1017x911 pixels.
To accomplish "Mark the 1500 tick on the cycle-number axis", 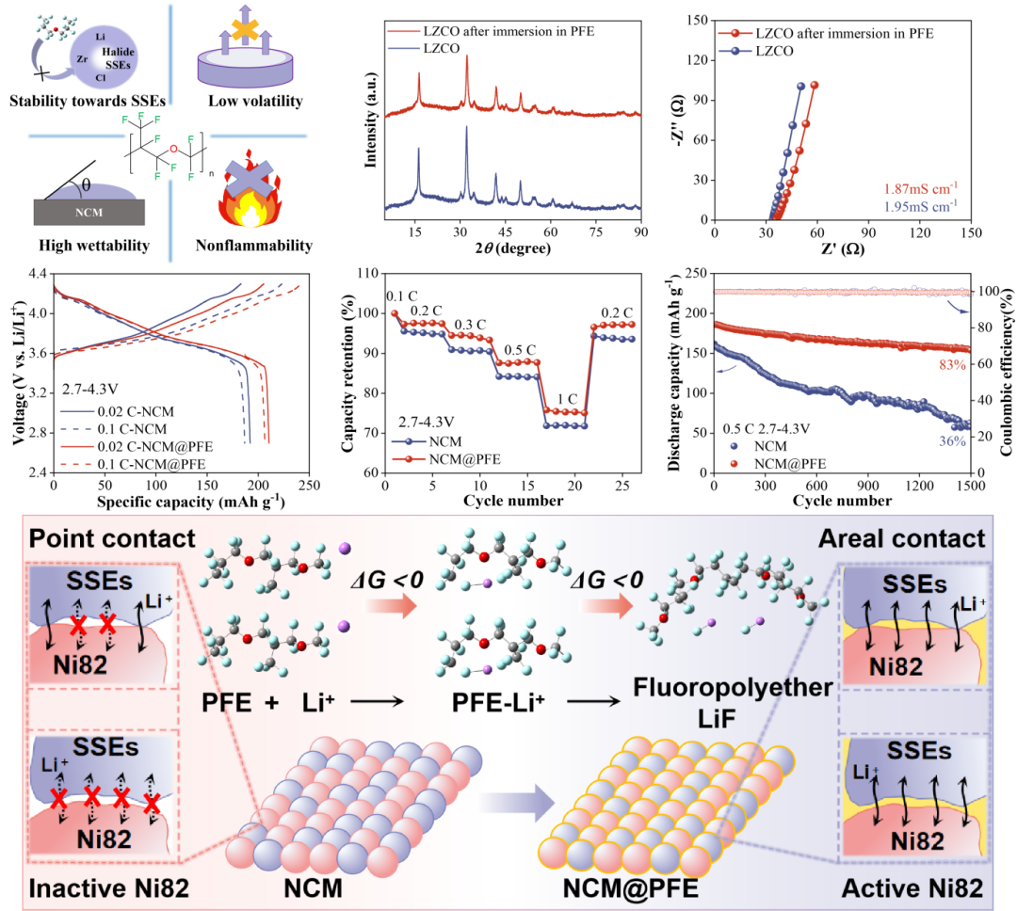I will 970,487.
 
